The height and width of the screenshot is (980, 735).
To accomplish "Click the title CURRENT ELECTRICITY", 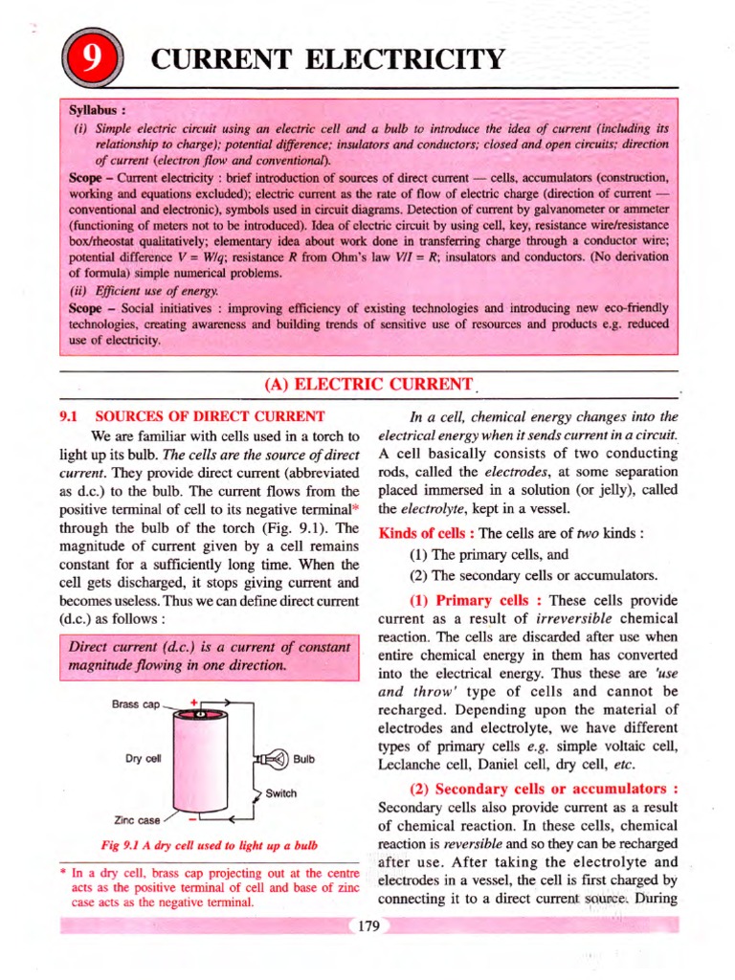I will (325, 60).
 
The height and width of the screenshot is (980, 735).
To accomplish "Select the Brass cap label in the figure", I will (136, 704).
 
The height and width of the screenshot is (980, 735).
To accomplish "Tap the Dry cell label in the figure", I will (141, 759).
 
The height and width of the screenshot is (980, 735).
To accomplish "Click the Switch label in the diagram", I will (281, 793).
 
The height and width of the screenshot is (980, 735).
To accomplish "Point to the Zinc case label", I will (137, 820).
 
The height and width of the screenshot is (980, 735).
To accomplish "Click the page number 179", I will (367, 925).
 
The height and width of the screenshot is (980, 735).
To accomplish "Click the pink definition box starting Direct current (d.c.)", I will (208, 657).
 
